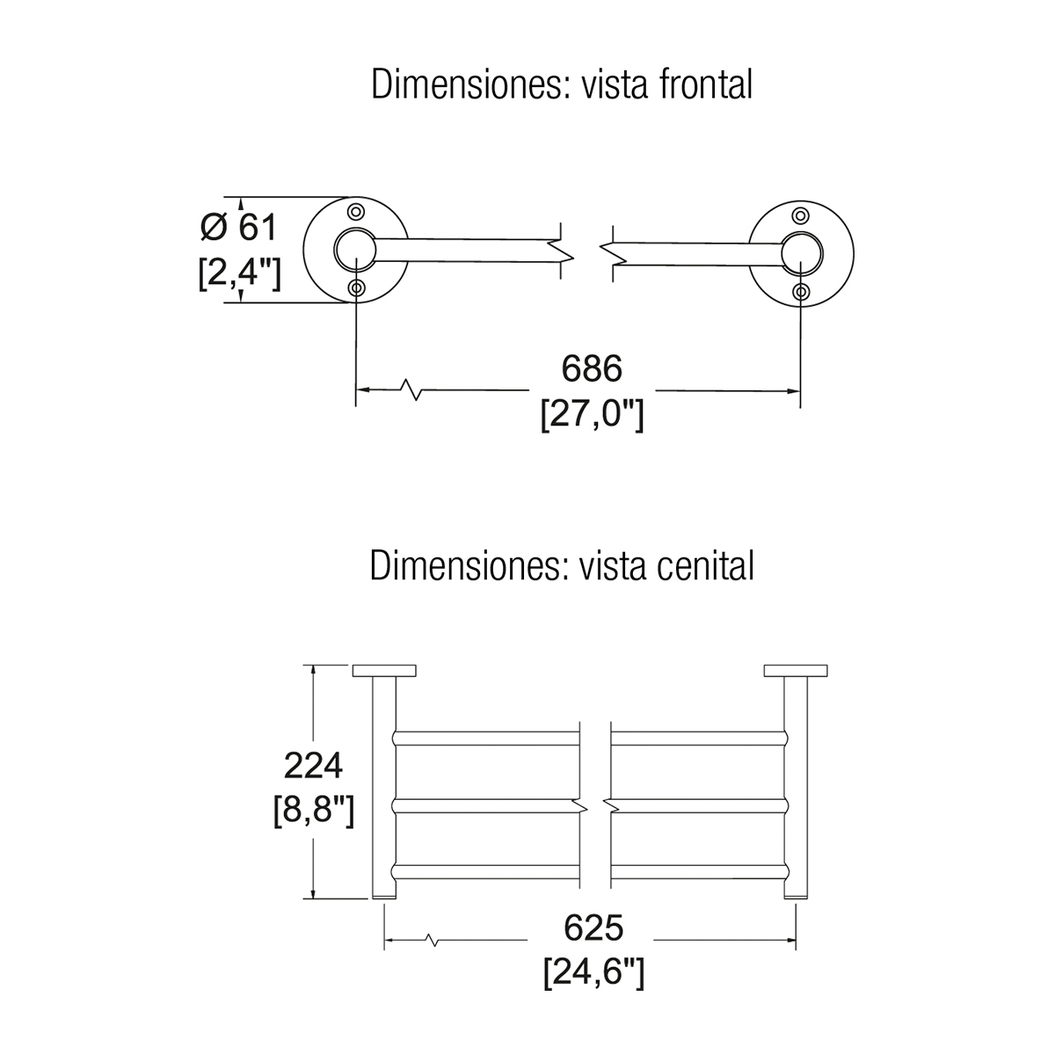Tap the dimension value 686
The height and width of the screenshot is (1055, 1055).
pyautogui.click(x=592, y=369)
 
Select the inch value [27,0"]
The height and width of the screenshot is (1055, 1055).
pyautogui.click(x=592, y=412)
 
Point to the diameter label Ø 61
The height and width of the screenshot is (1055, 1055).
pyautogui.click(x=238, y=228)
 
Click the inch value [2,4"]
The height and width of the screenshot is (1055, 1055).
pyautogui.click(x=240, y=273)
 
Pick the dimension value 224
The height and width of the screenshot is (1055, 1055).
pyautogui.click(x=313, y=766)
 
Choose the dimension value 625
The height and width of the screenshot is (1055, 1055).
pyautogui.click(x=593, y=928)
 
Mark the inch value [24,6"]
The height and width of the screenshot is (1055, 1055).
pyautogui.click(x=593, y=972)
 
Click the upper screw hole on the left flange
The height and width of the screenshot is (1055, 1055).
pyautogui.click(x=356, y=212)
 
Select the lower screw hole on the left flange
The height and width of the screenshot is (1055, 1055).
pyautogui.click(x=356, y=288)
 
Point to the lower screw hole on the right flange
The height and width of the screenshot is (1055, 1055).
pyautogui.click(x=800, y=291)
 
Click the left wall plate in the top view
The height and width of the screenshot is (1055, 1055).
pyautogui.click(x=385, y=670)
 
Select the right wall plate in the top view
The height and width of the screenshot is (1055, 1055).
pyautogui.click(x=797, y=670)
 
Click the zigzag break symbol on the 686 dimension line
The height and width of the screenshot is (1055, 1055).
pyautogui.click(x=410, y=389)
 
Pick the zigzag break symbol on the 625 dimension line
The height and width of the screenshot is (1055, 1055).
pyautogui.click(x=430, y=941)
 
